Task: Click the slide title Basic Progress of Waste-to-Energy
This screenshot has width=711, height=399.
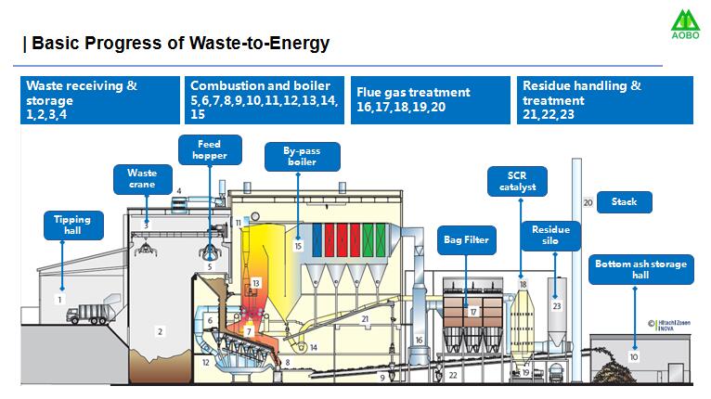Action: click(176, 44)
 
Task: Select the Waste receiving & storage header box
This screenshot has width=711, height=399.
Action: click(100, 99)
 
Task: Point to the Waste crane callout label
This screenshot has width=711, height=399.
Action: click(142, 178)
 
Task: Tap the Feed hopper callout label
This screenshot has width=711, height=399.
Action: click(210, 149)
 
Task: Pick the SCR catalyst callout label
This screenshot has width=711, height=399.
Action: click(517, 181)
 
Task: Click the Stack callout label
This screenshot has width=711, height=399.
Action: click(630, 201)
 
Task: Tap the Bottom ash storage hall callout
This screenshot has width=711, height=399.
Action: click(640, 270)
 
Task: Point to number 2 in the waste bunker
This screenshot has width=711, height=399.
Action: click(160, 331)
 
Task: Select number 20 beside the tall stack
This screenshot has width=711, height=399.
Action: click(588, 202)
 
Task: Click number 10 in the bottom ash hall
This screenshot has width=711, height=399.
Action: click(634, 356)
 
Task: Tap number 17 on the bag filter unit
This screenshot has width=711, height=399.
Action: click(473, 313)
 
